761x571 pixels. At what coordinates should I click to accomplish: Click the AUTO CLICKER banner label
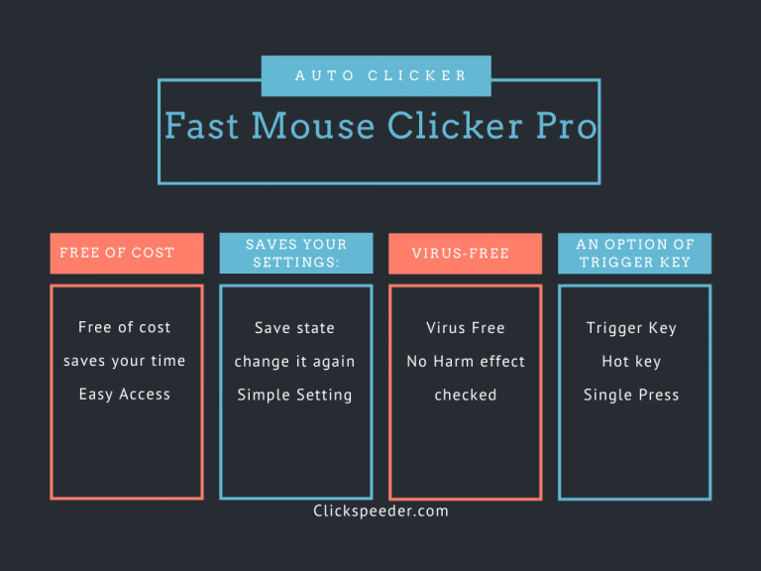pos(380,75)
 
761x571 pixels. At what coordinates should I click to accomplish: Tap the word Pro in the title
pos(567,126)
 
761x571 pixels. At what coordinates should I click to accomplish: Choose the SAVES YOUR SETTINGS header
pos(296,253)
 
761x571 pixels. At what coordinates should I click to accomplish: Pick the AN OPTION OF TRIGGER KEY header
pos(635,253)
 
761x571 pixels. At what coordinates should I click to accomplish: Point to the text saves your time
pos(125,361)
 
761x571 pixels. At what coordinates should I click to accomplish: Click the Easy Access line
pos(125,395)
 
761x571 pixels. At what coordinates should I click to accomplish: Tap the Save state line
pos(294,328)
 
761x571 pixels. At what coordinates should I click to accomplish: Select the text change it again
pos(294,362)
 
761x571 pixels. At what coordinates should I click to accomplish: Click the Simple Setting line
pos(294,395)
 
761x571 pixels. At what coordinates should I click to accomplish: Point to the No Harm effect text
pos(466,362)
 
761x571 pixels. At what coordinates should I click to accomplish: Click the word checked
pos(466,395)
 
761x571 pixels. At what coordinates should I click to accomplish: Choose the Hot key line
pos(631,362)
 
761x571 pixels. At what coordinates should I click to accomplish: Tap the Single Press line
pos(631,395)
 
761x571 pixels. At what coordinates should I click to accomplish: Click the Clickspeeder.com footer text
pos(380,512)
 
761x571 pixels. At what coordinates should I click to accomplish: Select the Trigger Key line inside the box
pos(631,328)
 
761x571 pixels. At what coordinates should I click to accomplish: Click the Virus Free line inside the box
pos(466,328)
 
